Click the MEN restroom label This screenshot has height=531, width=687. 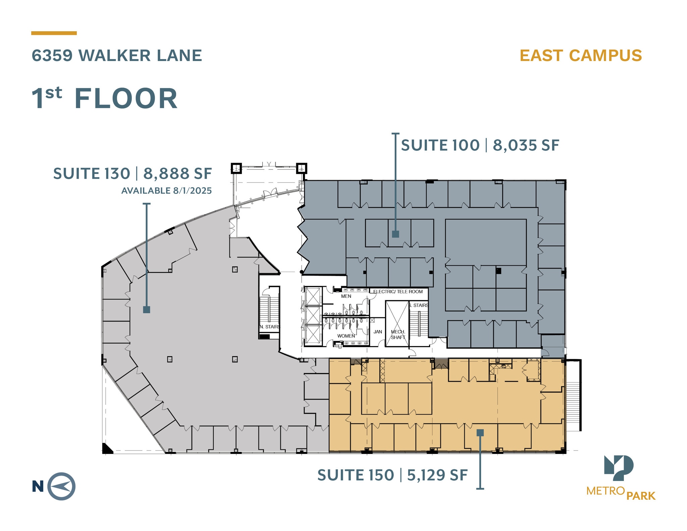click(x=346, y=296)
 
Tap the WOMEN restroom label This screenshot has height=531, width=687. click(x=346, y=336)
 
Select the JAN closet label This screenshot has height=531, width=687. click(x=378, y=332)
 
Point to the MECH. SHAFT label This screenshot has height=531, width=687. click(x=398, y=334)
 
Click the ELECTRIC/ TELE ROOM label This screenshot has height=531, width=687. click(x=398, y=291)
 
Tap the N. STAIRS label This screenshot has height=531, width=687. click(x=269, y=327)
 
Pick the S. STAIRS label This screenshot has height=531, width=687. click(x=418, y=305)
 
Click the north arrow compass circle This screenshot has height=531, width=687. click(x=61, y=486)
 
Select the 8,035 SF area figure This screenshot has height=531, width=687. click(x=526, y=145)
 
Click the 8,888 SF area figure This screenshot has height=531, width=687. click(x=177, y=174)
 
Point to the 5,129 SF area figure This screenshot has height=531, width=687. click(x=437, y=475)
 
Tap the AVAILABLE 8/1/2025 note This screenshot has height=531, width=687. click(x=166, y=191)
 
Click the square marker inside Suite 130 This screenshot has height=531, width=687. click(x=147, y=309)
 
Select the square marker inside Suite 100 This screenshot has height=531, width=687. click(x=395, y=234)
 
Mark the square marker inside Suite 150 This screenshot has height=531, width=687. click(x=480, y=433)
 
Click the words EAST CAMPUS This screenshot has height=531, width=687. click(x=580, y=56)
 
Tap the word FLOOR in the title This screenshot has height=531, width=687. click(x=126, y=99)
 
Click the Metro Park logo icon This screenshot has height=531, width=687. click(x=619, y=468)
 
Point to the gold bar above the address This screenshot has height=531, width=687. click(x=54, y=33)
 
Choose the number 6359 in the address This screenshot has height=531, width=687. click(x=52, y=56)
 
